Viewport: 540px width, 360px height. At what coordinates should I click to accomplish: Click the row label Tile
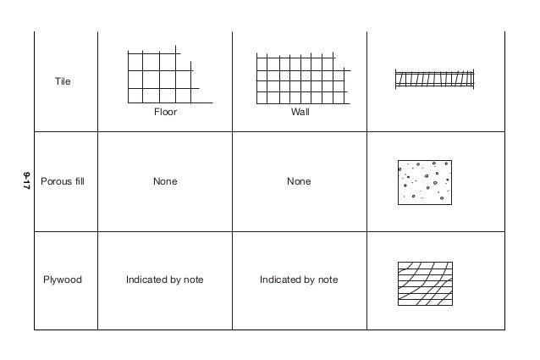(63, 82)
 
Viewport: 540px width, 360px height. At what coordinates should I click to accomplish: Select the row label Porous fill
(63, 181)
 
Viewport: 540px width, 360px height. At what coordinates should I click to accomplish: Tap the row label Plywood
(63, 280)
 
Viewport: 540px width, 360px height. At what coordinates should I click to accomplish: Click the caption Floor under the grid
(165, 112)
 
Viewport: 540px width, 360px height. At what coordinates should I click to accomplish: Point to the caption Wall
(300, 112)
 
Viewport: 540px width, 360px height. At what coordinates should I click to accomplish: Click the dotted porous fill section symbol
(425, 182)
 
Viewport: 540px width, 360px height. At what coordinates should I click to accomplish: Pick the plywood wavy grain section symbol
(425, 283)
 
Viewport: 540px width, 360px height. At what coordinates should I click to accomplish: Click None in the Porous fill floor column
(165, 181)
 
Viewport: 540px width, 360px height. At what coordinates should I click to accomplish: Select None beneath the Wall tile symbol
(299, 181)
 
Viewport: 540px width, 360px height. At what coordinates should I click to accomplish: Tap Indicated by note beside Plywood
(165, 280)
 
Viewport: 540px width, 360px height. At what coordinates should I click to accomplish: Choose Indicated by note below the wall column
(299, 280)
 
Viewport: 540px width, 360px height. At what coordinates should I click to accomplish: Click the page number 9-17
(26, 180)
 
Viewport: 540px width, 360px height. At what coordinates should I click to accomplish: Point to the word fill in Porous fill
(77, 181)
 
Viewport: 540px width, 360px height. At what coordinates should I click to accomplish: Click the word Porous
(55, 181)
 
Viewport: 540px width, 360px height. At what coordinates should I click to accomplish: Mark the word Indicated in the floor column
(147, 280)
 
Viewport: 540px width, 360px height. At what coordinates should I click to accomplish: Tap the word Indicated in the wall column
(281, 280)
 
